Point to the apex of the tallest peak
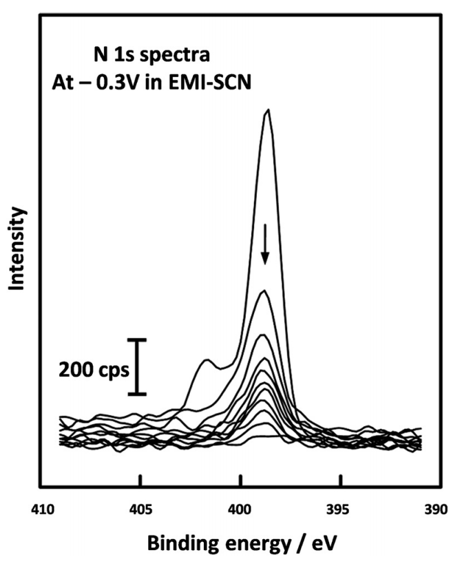pos(267,110)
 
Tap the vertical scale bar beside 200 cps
pos(138,366)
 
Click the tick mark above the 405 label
pos(140,480)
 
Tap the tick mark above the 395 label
pos(340,480)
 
